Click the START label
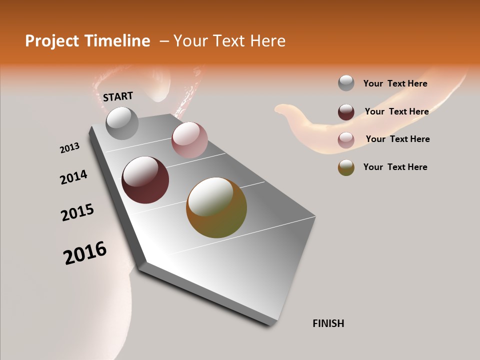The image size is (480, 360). pos(118,96)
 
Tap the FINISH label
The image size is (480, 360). pos(328,323)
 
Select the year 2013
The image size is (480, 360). pos(70,148)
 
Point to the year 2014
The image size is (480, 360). pos(73,177)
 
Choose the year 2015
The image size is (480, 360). pos(77,212)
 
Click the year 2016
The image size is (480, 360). pos(85,253)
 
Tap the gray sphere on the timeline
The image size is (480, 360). pos(122,123)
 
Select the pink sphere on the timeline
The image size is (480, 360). pos(189,140)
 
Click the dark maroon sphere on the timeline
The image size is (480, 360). pos(145,180)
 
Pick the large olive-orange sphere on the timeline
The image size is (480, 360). pos(216,207)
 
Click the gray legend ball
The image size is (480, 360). pos(346,83)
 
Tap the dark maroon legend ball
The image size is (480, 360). pos(346,112)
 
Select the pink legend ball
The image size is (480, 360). pos(346,139)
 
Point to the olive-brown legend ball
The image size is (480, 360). pos(346,167)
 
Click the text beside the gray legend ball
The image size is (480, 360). pos(395,83)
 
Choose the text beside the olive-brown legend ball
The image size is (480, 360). pos(395,167)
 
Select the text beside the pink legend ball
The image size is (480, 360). pos(397,139)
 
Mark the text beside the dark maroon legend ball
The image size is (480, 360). pos(396,111)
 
